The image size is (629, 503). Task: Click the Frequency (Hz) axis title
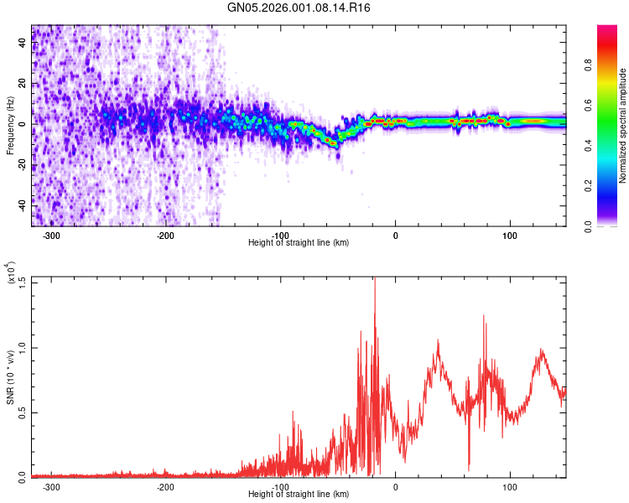10,126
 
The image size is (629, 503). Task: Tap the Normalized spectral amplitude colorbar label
623,126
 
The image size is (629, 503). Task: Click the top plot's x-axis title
299,243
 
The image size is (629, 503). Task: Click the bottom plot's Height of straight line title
299,495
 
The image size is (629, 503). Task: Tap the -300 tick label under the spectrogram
52,236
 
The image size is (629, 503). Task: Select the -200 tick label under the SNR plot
165,487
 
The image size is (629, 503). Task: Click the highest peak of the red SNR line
374,279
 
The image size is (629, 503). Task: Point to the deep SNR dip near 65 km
469,469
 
